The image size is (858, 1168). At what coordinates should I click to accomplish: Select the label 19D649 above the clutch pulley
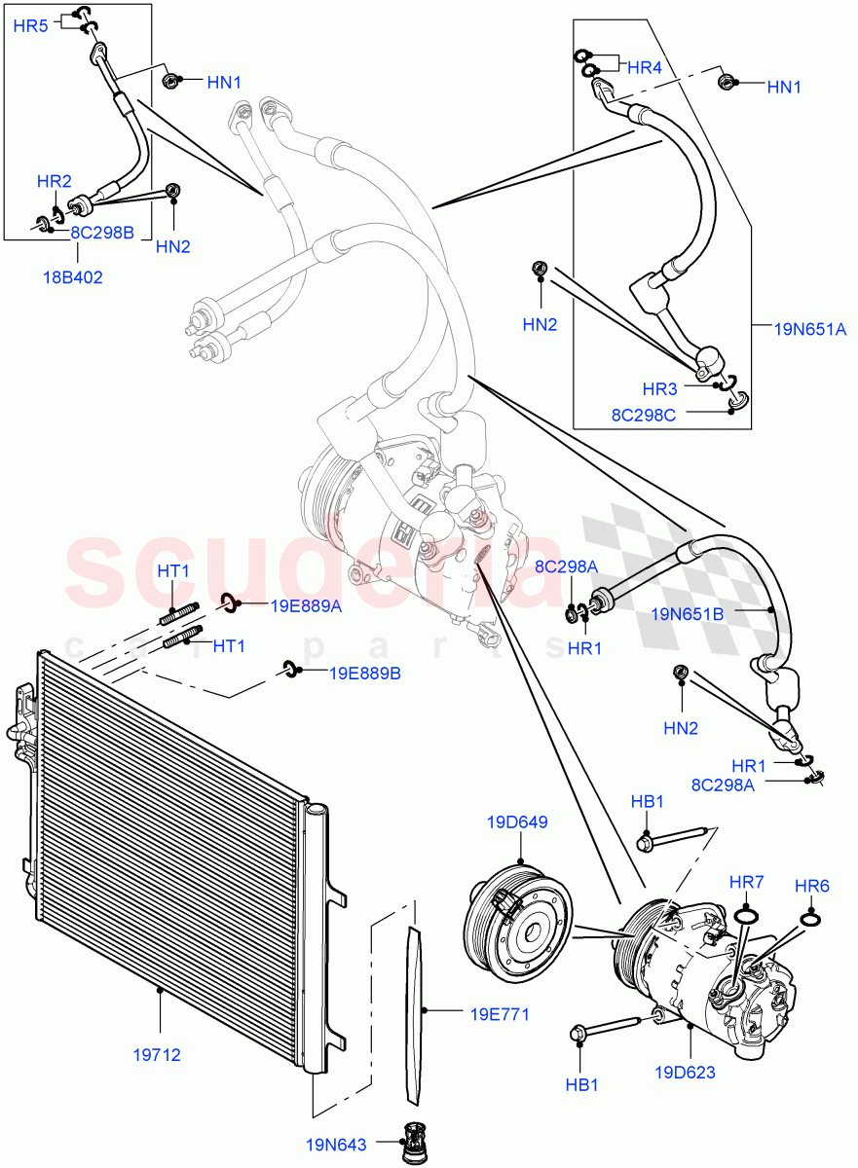517,822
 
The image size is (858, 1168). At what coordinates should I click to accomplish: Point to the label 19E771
499,1014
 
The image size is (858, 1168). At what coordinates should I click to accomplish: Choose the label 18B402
73,277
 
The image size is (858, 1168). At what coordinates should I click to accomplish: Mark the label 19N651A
809,330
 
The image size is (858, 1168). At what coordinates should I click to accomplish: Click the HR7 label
748,882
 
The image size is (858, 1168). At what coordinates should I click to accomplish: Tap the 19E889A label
305,606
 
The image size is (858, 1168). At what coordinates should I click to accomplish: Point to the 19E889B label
365,673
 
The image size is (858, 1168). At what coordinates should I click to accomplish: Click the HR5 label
30,26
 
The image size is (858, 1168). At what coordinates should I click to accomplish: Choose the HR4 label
644,67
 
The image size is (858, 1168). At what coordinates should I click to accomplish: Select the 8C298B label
102,233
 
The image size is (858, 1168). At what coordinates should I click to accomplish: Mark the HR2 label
55,181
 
